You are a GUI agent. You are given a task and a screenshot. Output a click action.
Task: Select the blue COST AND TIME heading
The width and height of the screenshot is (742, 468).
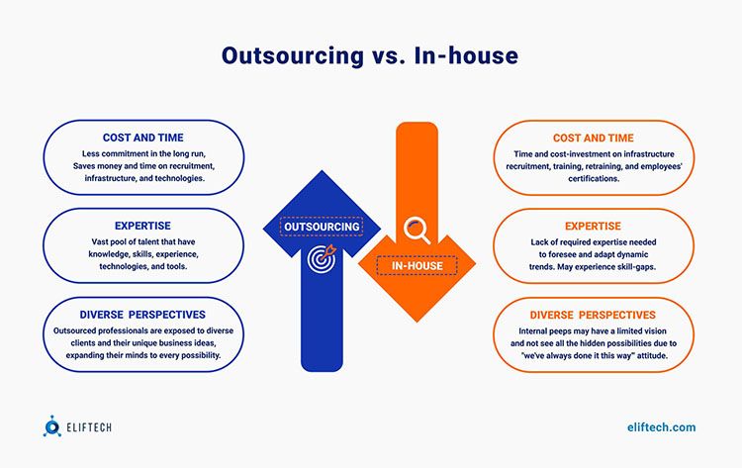(x=143, y=138)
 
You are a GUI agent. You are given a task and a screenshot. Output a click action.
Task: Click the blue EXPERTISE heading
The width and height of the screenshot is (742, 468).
(x=143, y=227)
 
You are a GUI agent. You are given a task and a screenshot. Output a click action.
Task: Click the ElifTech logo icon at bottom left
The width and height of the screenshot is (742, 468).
(x=52, y=427)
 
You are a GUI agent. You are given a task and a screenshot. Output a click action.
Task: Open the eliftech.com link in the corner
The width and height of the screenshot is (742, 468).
(x=661, y=427)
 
